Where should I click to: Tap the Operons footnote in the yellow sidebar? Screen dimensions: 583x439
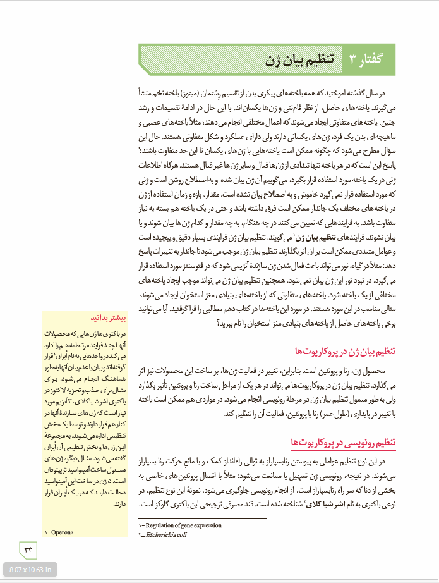59,532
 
